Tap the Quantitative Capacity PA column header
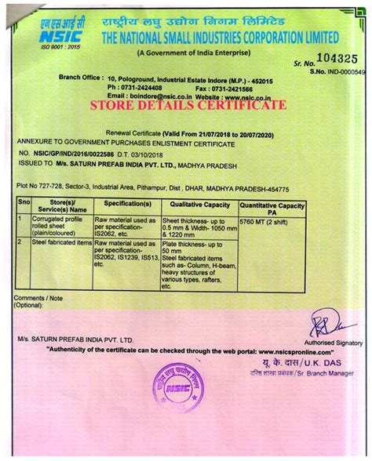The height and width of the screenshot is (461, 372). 272,205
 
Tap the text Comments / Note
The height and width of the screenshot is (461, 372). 37,299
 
